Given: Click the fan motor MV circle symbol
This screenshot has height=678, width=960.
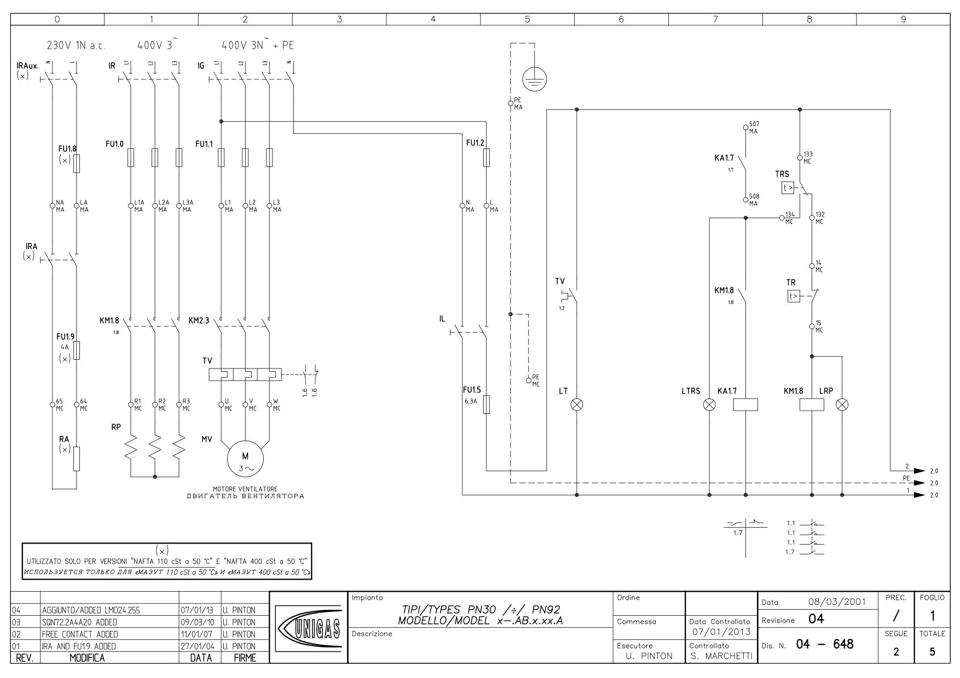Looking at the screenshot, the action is tap(245, 460).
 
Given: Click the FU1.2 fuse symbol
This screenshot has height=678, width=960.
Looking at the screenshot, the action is tap(487, 157).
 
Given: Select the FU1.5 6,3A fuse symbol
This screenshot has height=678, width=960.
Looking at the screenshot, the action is tap(487, 405).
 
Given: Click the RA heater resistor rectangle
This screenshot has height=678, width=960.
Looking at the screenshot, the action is tap(76, 459).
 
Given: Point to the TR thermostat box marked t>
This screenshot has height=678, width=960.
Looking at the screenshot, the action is tap(793, 296).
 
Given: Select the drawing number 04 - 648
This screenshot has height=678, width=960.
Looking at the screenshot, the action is tap(818, 645).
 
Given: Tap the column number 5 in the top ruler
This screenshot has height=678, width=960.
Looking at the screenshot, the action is tap(527, 19).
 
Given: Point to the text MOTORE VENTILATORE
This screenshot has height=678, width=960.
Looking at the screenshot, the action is tap(245, 489).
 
